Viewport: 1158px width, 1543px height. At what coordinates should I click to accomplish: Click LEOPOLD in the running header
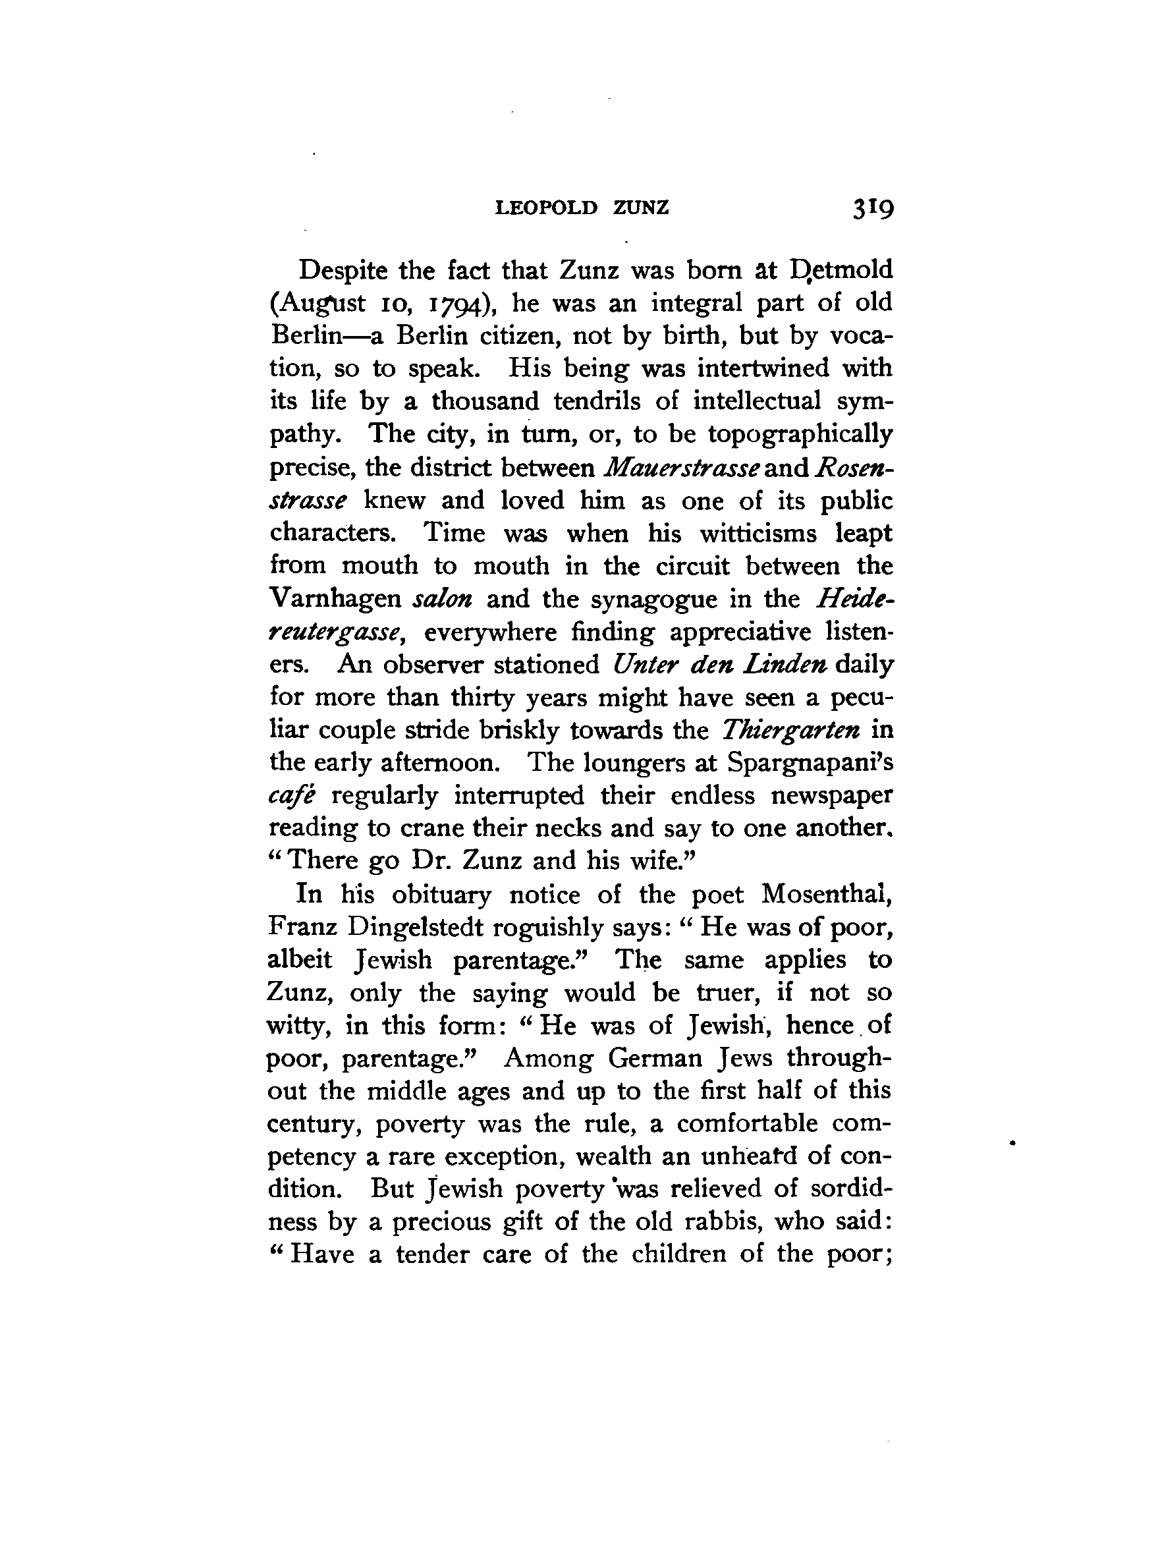click(x=546, y=208)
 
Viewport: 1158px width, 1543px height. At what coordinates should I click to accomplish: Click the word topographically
click(x=800, y=435)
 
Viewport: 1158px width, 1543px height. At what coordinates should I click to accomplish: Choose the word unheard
click(x=740, y=1156)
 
